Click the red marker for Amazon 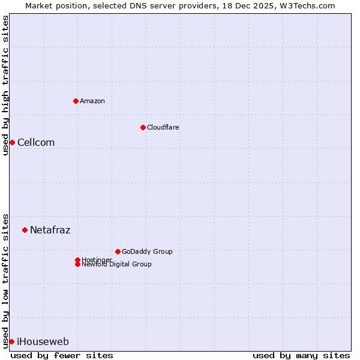coord(76,101)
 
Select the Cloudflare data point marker coord(143,127)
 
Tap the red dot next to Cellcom coord(12,142)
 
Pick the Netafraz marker coord(25,230)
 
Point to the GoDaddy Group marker coord(118,251)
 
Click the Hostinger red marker coord(77,260)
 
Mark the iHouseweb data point coord(11,341)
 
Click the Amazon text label coord(92,101)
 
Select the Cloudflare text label coord(163,127)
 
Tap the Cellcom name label coord(36,142)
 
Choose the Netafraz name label coord(50,230)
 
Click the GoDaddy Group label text coord(147,251)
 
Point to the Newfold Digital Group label coord(117,265)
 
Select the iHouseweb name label coord(43,342)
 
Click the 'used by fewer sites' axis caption coord(62,356)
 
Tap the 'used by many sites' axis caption coord(301,356)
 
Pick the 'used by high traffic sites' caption coord(5,85)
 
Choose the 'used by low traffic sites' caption coord(5,280)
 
